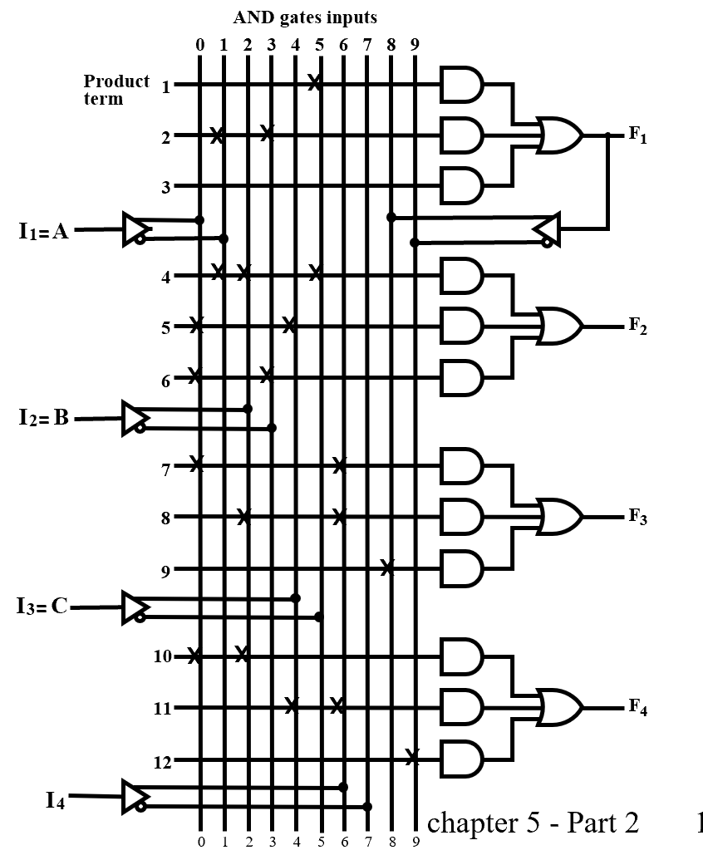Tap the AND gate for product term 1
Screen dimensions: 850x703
461,84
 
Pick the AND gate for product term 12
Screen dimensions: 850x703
461,759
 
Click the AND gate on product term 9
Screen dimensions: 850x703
461,568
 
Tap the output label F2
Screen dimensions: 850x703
637,325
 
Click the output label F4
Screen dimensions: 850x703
637,707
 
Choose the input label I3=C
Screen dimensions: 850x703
42,607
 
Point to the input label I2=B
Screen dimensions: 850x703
44,417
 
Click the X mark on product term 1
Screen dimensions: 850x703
314,82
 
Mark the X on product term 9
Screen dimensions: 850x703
386,567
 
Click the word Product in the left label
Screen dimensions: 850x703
116,81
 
